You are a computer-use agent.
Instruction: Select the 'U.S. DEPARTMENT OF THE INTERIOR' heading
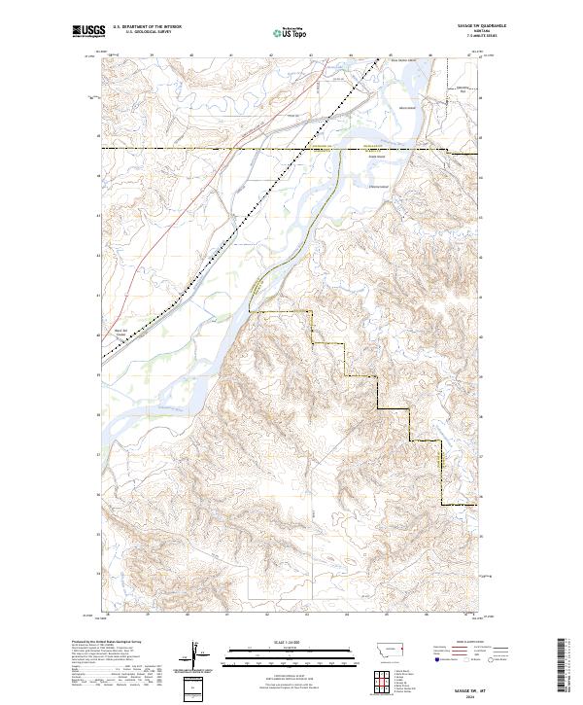[148, 26]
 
